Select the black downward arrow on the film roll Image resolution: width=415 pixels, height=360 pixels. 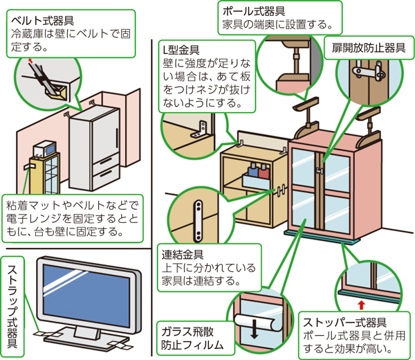pos(255,330)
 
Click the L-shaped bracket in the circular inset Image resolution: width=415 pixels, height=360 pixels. pos(201,127)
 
